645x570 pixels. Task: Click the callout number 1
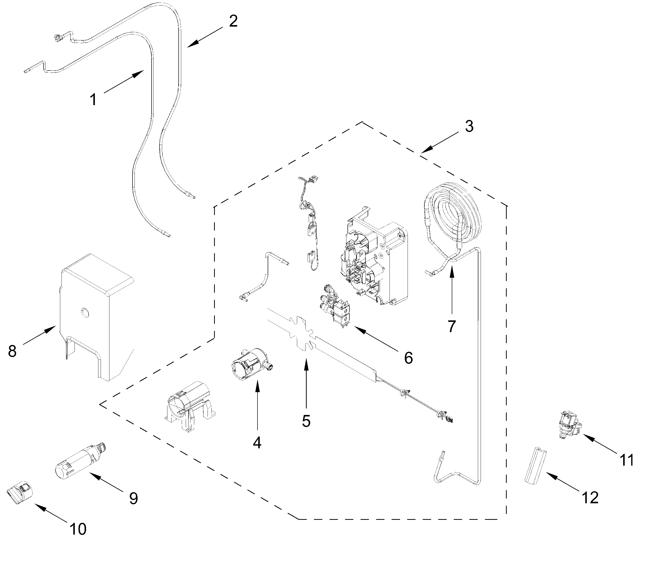pyautogui.click(x=93, y=100)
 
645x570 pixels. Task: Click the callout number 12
pyautogui.click(x=590, y=498)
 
